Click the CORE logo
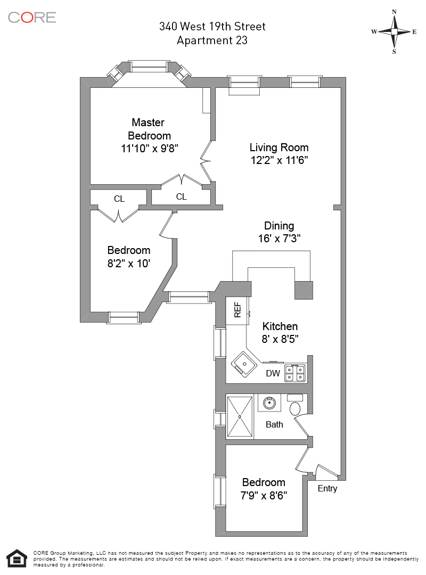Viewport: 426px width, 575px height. (x=32, y=17)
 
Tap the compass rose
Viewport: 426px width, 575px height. (x=394, y=31)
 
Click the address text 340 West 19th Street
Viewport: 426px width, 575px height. (x=212, y=27)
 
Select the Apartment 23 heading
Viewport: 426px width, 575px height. (x=212, y=40)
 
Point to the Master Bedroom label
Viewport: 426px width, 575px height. (x=149, y=129)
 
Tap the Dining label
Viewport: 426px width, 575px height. (x=279, y=226)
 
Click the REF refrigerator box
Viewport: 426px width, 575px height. (x=237, y=309)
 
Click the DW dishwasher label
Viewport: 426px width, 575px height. (x=273, y=373)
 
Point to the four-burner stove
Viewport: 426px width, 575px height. (x=295, y=372)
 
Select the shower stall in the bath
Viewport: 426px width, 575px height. (x=240, y=416)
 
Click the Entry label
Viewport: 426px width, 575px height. (x=327, y=488)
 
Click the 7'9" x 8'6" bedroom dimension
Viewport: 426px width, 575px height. (x=264, y=495)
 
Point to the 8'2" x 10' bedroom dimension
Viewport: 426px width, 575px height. (x=129, y=262)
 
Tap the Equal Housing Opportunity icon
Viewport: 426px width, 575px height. (x=18, y=558)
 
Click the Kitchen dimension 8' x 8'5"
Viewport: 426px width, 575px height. (x=280, y=339)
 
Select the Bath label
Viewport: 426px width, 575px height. (x=274, y=424)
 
